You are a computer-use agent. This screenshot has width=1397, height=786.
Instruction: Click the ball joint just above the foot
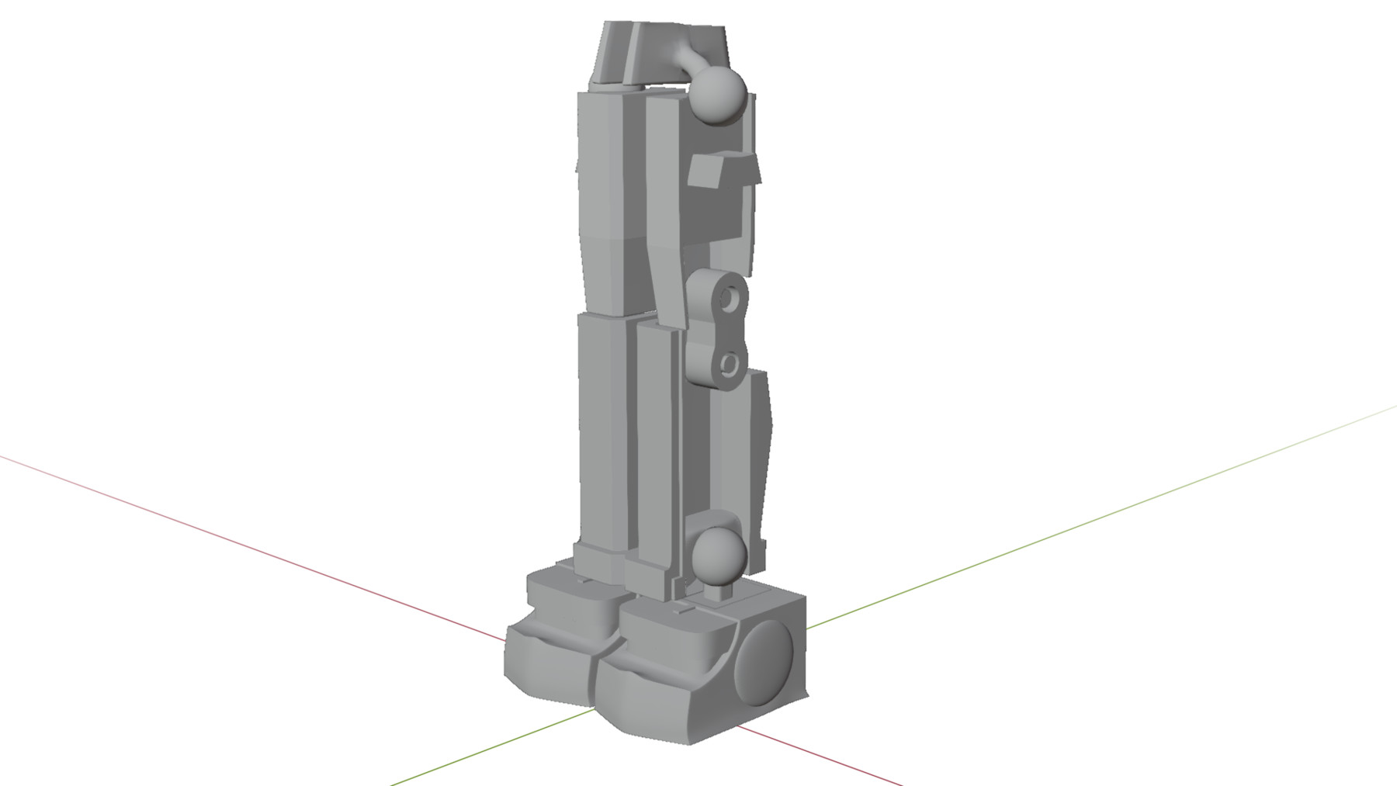719,553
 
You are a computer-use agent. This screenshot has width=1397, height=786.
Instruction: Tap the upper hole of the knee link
730,296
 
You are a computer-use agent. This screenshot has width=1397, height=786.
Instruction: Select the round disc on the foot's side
764,663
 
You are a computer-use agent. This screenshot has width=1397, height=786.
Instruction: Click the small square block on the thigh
706,171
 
